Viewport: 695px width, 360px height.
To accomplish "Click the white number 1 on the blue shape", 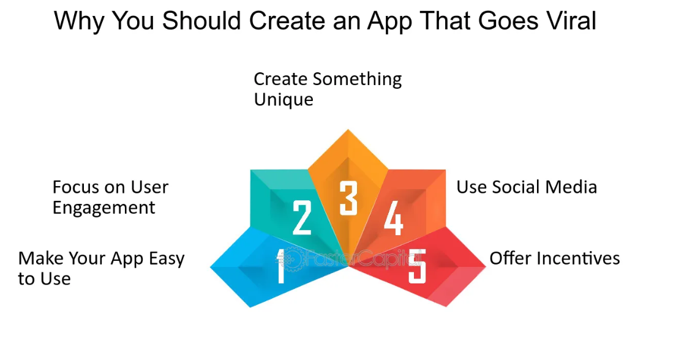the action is tap(280, 266).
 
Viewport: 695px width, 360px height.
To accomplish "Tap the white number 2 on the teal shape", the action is tap(302, 217).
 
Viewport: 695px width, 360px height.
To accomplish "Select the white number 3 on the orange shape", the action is tap(348, 198).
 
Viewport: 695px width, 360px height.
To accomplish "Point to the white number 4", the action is tap(394, 217).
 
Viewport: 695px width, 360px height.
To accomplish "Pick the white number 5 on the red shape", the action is tap(417, 266).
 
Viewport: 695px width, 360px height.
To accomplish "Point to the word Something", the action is tap(357, 80).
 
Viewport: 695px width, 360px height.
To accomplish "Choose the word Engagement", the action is tap(104, 208).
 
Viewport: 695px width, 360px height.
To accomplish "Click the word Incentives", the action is tap(577, 258).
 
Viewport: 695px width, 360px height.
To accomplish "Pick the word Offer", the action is tap(509, 258).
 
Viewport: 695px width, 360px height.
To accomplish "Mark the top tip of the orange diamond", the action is tap(348, 129).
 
